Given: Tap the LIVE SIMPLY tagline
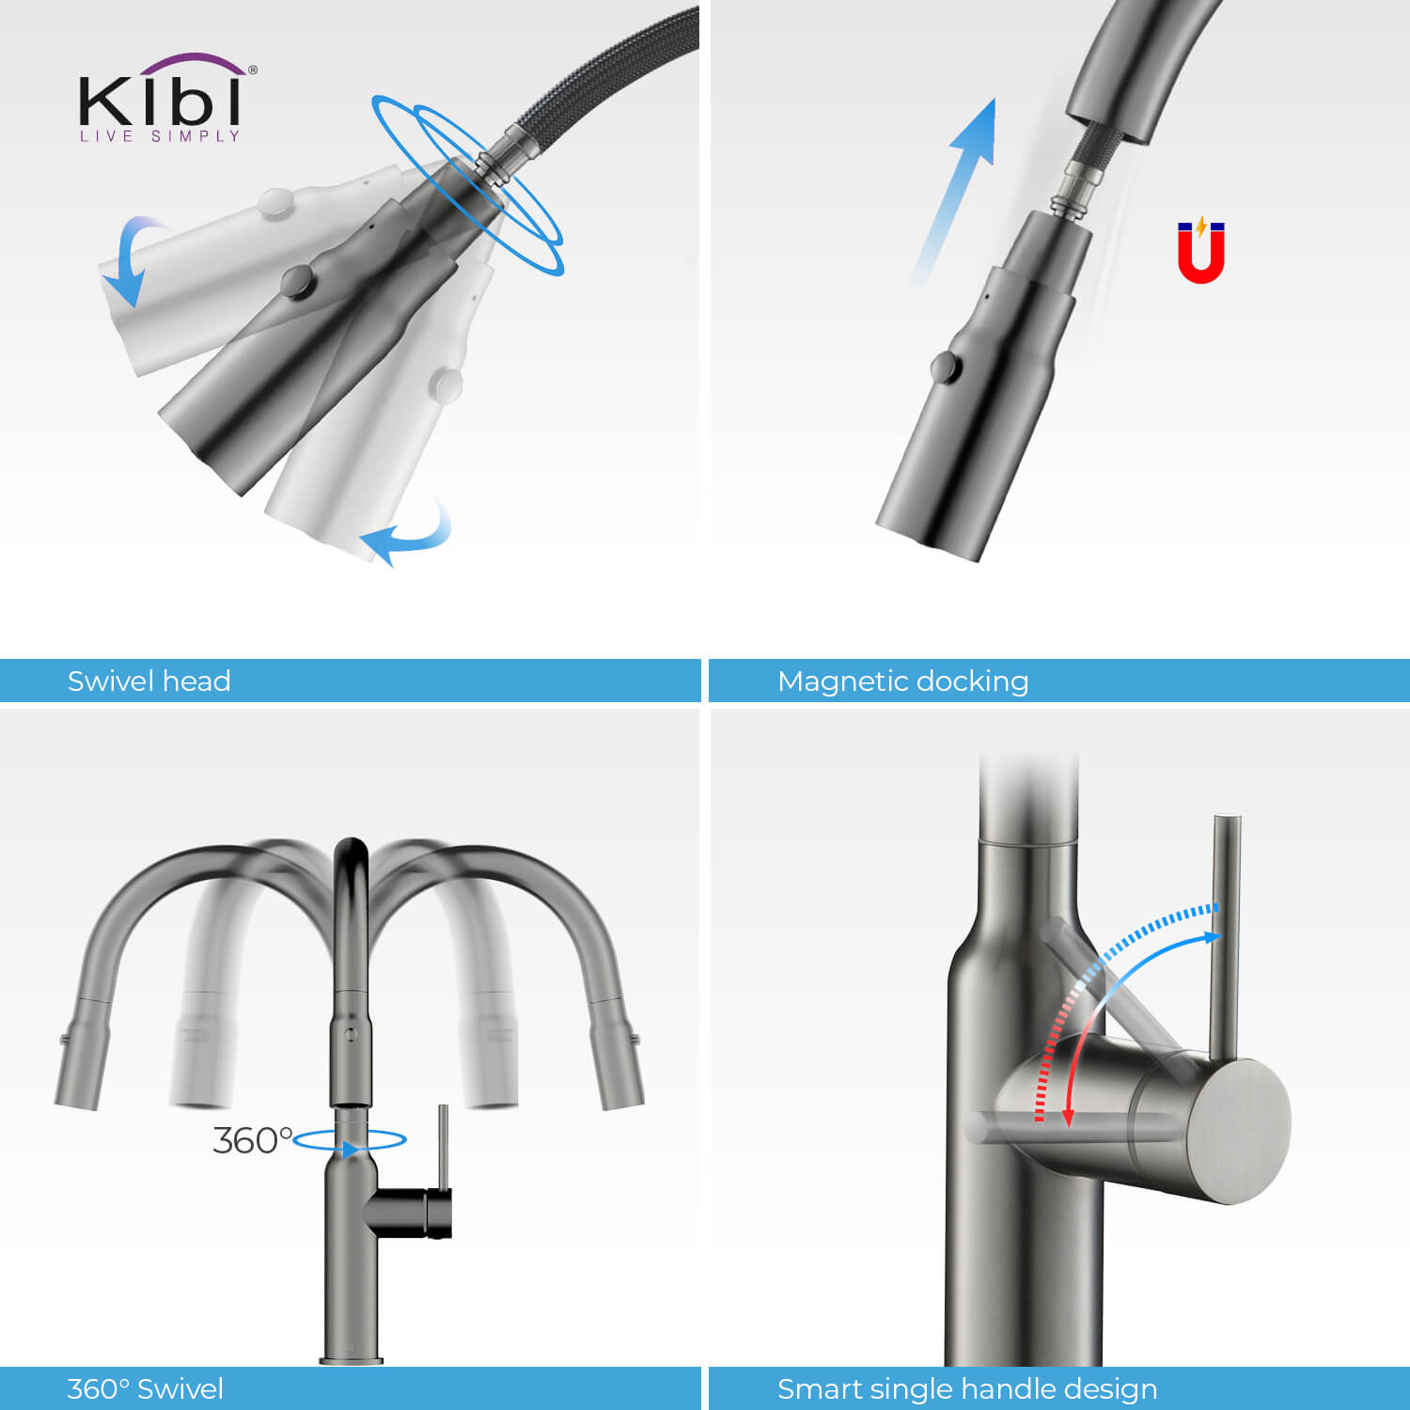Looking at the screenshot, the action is [161, 136].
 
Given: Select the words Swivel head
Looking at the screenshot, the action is [149, 681].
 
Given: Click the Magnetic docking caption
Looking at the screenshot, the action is [903, 681].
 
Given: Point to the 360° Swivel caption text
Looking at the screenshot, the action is [145, 1388].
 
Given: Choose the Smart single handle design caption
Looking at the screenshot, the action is [967, 1388].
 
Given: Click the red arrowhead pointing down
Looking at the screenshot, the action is [1068, 1116].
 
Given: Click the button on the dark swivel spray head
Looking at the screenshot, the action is [298, 280].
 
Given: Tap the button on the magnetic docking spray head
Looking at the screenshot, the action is [946, 367].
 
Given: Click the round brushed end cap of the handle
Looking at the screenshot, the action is [1239, 1132].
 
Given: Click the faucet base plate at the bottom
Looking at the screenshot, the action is [351, 1359].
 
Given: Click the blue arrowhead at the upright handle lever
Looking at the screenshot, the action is [1213, 936].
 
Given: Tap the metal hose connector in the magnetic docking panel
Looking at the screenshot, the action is [1075, 193].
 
